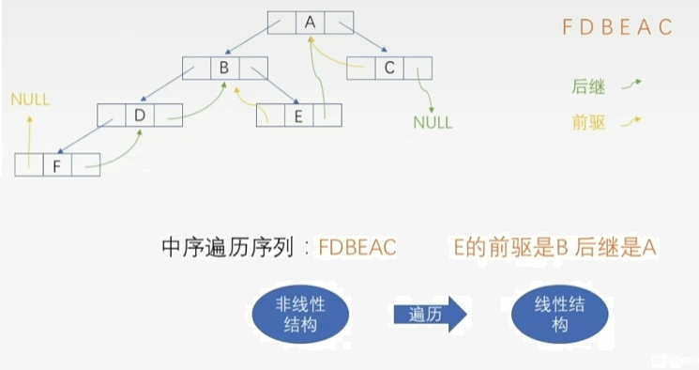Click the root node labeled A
[x=310, y=22]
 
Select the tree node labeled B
[x=224, y=68]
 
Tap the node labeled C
[x=388, y=68]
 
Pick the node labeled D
[x=139, y=115]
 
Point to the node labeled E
[x=298, y=115]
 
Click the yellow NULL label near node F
[x=30, y=100]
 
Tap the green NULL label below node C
[x=433, y=122]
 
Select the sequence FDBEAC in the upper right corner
[x=617, y=27]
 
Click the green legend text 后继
[x=588, y=87]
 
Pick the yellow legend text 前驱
[x=588, y=122]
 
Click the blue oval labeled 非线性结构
[x=299, y=314]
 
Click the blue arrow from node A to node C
[x=367, y=42]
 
